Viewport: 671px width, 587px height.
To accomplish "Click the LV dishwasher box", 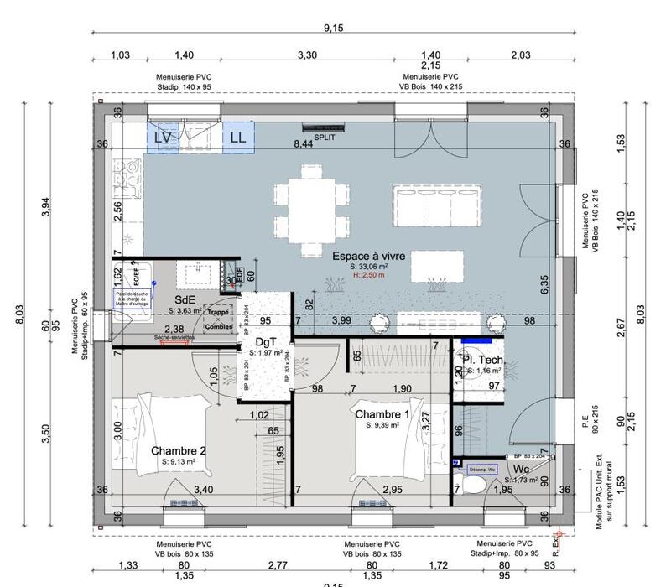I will click(x=163, y=137).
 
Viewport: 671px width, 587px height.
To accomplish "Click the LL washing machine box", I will click(x=238, y=137).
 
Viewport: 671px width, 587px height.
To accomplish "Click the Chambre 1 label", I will click(x=382, y=414).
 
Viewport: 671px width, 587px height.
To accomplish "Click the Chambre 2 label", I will click(x=179, y=450).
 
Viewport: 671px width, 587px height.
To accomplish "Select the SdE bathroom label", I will click(x=186, y=299).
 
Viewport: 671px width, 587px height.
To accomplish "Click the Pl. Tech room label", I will click(x=483, y=359).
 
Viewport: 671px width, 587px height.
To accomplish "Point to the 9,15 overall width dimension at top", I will click(x=333, y=28).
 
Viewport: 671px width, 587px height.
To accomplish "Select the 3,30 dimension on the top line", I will click(x=308, y=55).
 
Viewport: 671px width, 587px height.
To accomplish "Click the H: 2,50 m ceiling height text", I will click(x=367, y=275).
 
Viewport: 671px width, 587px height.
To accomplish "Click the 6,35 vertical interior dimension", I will click(x=544, y=285).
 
